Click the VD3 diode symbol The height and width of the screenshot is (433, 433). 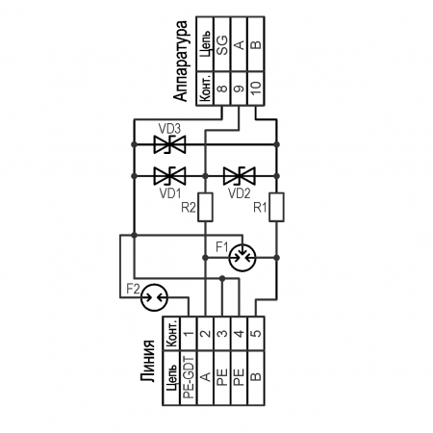[x=169, y=144]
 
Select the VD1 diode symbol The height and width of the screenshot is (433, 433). [x=169, y=176]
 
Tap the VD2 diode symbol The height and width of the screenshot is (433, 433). [x=240, y=176]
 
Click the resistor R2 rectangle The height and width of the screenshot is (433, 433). [x=205, y=207]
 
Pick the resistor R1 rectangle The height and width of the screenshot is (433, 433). [x=276, y=207]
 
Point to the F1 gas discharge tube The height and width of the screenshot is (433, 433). [x=242, y=258]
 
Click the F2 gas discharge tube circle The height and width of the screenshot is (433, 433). [x=155, y=297]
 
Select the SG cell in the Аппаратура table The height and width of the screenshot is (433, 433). [x=222, y=44]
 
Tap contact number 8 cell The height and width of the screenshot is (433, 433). [x=222, y=89]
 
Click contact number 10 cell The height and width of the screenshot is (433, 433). [x=256, y=89]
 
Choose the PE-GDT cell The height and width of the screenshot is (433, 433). [x=189, y=378]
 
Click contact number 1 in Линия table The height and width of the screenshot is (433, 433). [x=189, y=334]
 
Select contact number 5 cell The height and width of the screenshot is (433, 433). [x=256, y=334]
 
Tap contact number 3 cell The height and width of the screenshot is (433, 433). [x=222, y=334]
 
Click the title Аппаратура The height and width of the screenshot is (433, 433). [x=181, y=61]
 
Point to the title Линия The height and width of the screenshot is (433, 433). [x=148, y=361]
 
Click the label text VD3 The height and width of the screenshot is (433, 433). [x=169, y=129]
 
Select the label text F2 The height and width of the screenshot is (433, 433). [x=133, y=289]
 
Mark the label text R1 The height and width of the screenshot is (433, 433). [x=260, y=208]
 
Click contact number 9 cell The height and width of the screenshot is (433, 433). [x=240, y=89]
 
